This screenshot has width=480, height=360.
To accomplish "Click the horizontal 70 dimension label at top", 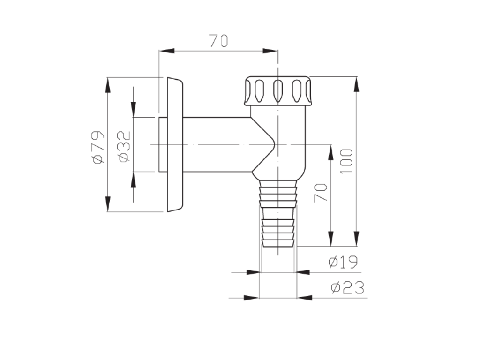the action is [x=218, y=41].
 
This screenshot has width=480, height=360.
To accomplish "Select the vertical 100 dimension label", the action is [x=347, y=161].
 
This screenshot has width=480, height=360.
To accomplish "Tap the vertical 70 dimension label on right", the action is [x=321, y=193].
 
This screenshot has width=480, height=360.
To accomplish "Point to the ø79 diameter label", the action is [x=98, y=147].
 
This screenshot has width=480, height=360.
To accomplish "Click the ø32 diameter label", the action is [x=124, y=147].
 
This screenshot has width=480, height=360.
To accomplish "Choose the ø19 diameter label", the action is [x=343, y=262].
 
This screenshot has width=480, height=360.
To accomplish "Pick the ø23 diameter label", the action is [x=347, y=288].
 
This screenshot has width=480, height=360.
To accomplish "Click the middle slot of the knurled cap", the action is [x=277, y=90].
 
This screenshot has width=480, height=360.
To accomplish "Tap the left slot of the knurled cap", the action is [x=259, y=91].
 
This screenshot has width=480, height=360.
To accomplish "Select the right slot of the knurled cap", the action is [x=297, y=90].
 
